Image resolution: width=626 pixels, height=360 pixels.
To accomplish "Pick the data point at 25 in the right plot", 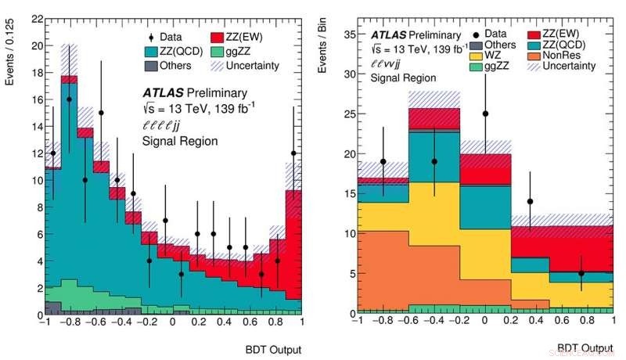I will (x=485, y=113).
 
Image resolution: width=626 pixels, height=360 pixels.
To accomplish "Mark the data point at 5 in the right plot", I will (x=581, y=273).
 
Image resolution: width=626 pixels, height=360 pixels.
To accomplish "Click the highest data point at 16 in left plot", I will (x=69, y=99).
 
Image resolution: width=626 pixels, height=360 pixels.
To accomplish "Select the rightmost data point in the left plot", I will (x=293, y=153).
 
